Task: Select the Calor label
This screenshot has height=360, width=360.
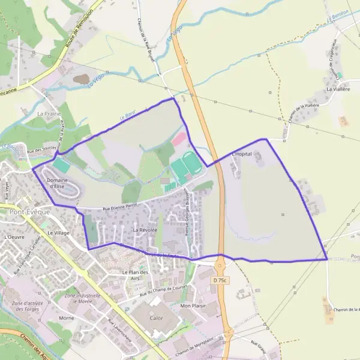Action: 157,319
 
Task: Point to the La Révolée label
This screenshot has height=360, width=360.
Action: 145,230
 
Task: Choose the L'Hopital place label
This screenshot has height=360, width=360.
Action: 241,154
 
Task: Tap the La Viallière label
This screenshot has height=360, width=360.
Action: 337,89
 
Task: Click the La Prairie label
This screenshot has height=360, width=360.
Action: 49,113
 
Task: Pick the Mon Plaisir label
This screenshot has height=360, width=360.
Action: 193,305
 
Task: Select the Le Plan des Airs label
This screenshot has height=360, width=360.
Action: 134,275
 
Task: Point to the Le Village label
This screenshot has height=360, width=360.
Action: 59,232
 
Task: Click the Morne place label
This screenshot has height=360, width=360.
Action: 67,318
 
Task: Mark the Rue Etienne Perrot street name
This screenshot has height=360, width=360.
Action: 119,205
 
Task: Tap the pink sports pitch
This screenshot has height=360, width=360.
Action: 179,139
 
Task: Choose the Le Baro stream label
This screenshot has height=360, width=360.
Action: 125,115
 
